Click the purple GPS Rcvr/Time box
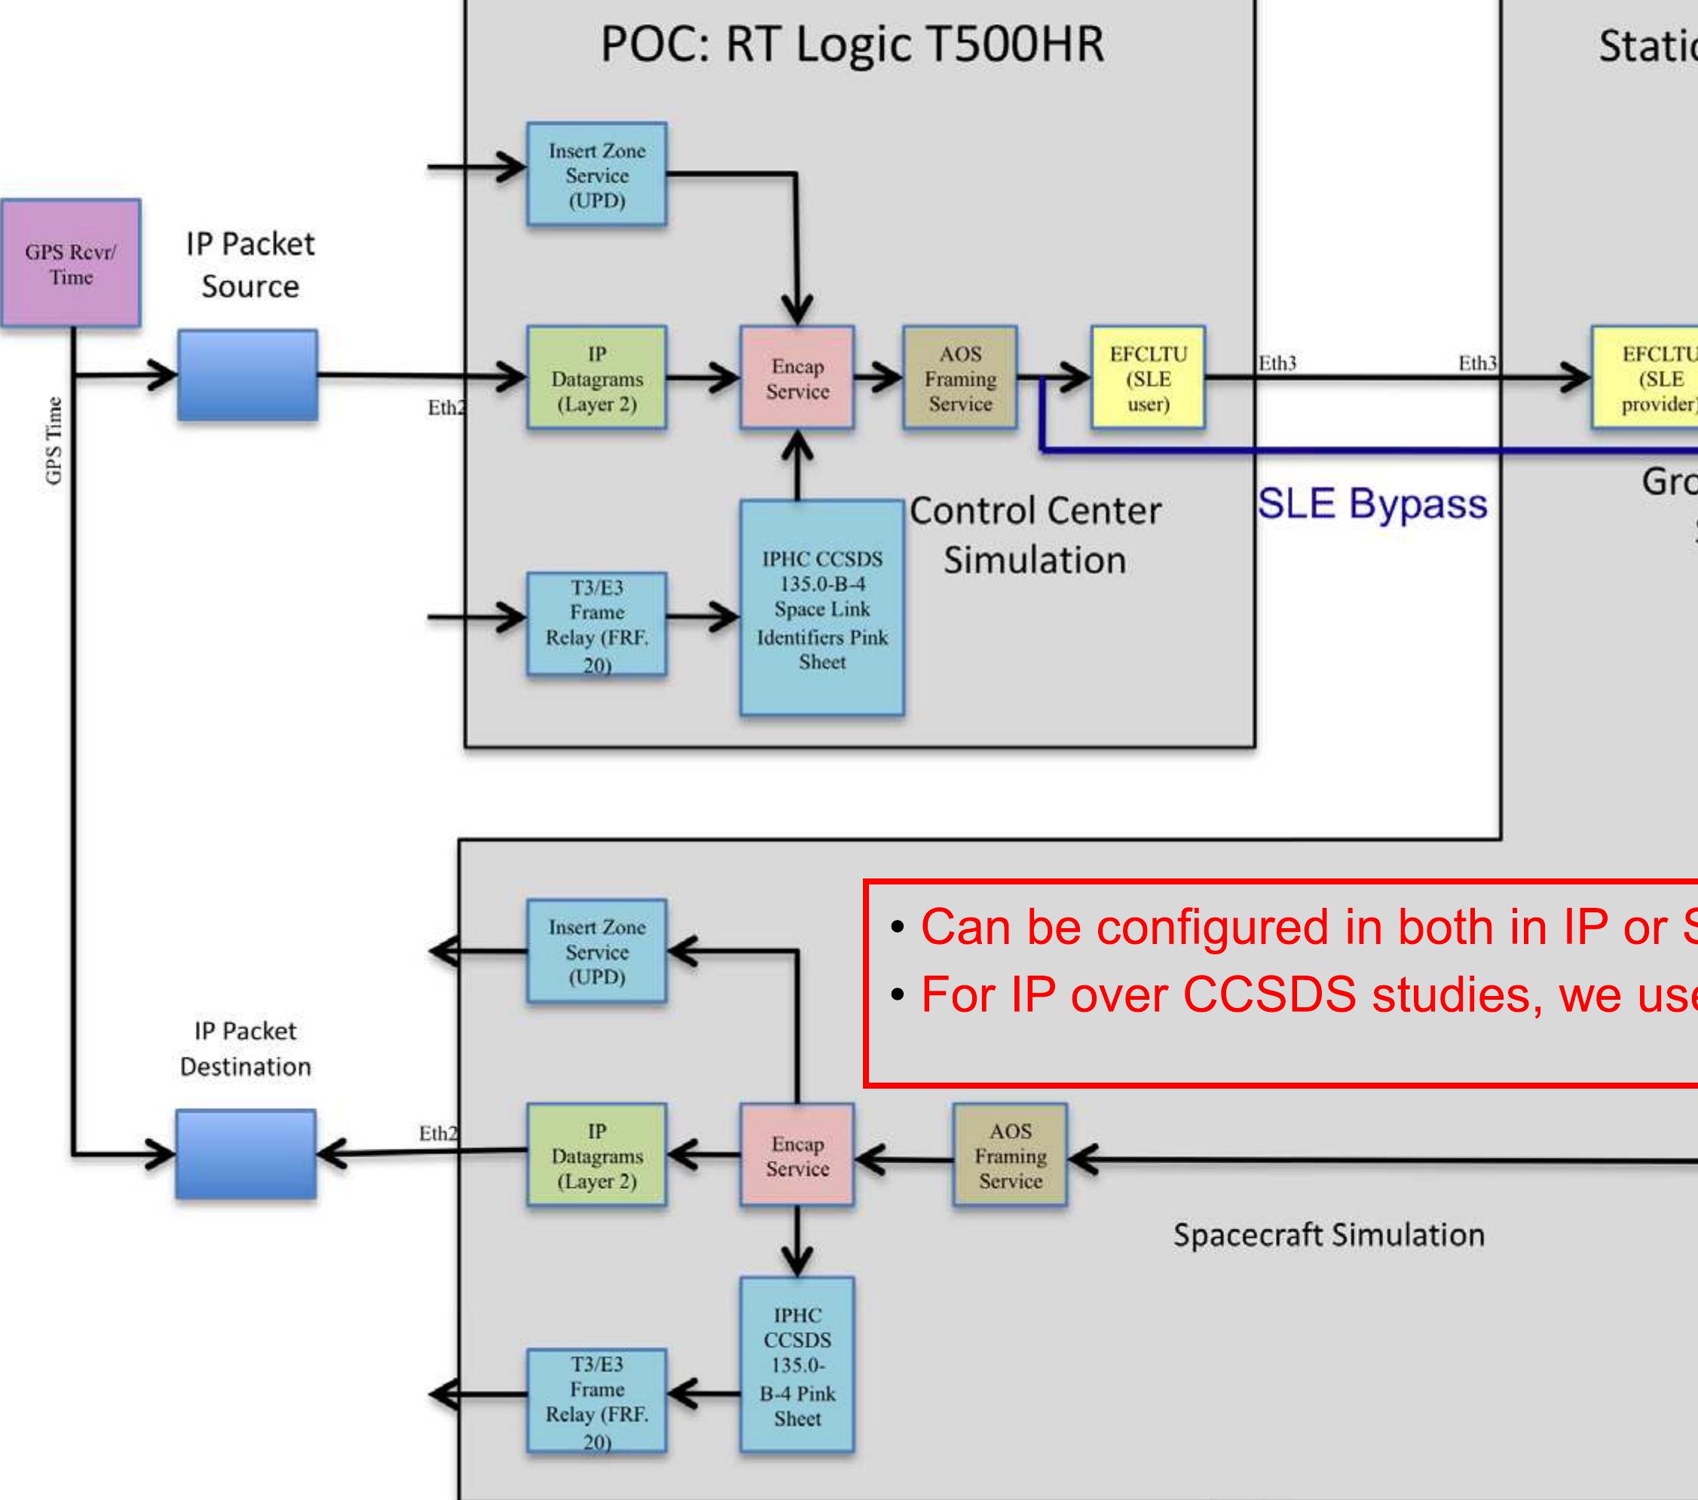coord(71,263)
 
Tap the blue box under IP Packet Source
coord(247,375)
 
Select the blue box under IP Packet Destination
coord(246,1154)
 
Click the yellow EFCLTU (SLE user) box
coord(1148,378)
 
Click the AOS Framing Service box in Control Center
coord(960,378)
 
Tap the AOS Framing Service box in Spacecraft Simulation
coord(1010,1155)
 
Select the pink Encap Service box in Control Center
coord(797,378)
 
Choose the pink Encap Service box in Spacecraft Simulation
coord(797,1155)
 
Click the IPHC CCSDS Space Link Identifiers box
coord(821,608)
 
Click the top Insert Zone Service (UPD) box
coord(596,175)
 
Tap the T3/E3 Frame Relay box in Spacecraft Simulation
coord(596,1402)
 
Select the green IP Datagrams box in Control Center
coord(596,378)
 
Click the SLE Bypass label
coord(1372,503)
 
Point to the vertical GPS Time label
coord(54,440)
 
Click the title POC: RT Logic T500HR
coord(852,45)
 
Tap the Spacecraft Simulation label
coord(1328,1235)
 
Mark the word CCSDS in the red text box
coord(1269,994)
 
